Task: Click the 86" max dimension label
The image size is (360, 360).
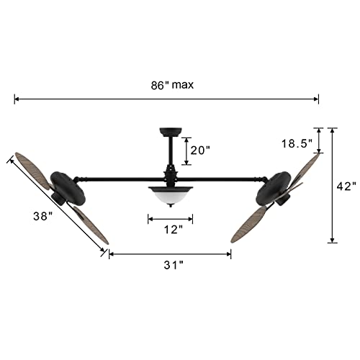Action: (168, 84)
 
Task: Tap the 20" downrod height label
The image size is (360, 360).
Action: (199, 150)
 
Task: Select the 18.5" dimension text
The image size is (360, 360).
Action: (297, 143)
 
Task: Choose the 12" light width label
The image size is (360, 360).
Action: (171, 230)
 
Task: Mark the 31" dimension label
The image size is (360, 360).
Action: (170, 265)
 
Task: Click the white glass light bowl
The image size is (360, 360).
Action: (171, 194)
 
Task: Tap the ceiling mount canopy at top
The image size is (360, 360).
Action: (171, 131)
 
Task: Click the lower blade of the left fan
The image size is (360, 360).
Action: (89, 224)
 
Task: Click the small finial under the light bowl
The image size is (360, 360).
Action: (171, 205)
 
